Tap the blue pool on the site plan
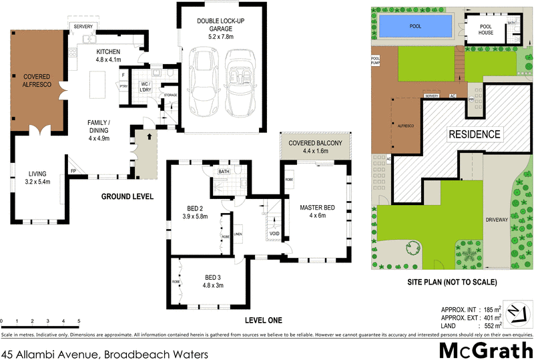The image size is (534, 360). pyautogui.click(x=415, y=27)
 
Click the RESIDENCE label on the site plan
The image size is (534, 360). pyautogui.click(x=474, y=134)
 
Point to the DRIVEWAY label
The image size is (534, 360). pyautogui.click(x=498, y=218)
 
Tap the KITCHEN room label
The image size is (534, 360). pyautogui.click(x=108, y=55)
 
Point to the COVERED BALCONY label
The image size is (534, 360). pyautogui.click(x=314, y=147)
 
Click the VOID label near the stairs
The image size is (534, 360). pyautogui.click(x=274, y=234)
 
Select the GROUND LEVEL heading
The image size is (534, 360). pyautogui.click(x=127, y=197)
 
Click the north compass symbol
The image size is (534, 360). pyautogui.click(x=515, y=313)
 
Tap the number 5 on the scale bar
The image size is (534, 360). pyautogui.click(x=79, y=321)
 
